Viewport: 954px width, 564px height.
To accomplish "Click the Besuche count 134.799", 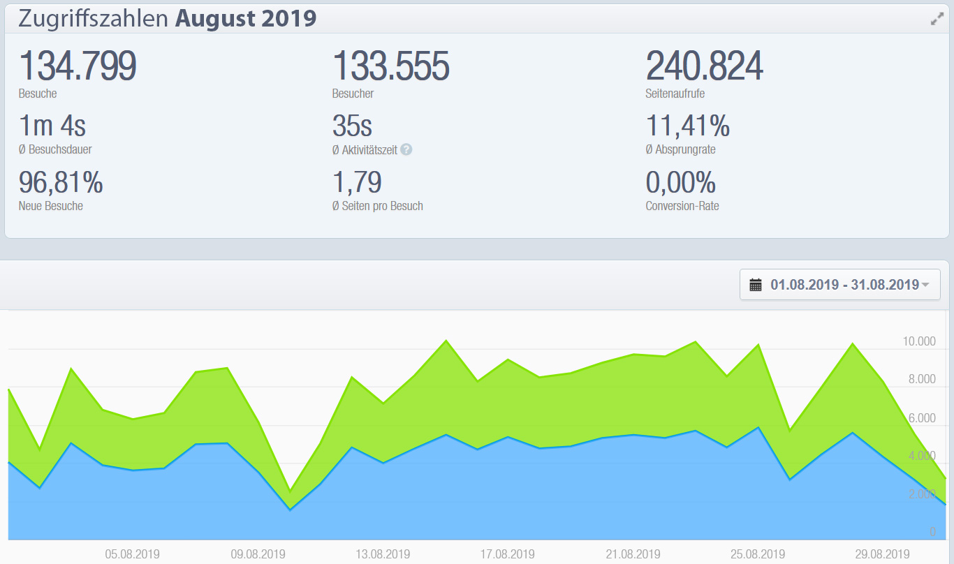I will point(78,67).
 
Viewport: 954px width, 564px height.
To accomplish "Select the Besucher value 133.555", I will point(391,67).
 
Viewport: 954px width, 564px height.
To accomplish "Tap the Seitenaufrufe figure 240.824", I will point(705,67).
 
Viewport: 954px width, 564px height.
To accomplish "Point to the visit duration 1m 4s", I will point(52,126).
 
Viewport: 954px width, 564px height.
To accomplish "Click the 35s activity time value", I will point(353,126).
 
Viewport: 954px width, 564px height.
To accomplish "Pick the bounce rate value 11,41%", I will point(688,126).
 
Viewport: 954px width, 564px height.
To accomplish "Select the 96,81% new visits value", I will point(61,183).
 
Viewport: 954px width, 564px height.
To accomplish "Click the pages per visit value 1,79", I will point(357,183).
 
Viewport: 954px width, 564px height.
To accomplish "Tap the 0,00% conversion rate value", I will point(681,183).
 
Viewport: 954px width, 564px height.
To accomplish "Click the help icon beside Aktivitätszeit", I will point(406,149).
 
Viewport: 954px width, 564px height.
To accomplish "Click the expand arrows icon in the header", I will point(937,20).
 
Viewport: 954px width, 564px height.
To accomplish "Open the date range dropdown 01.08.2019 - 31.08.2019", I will point(840,285).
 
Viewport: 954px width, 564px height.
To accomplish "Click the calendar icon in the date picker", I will point(756,285).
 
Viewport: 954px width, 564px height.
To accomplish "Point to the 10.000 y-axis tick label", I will point(918,341).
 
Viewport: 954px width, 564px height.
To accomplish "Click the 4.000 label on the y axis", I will point(921,456).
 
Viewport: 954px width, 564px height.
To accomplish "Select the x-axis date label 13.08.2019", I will point(383,554).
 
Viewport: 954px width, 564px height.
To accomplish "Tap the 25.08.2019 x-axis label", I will point(758,554).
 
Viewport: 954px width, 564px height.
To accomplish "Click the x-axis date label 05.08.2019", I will point(133,554).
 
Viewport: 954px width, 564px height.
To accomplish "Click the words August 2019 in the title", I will point(246,19).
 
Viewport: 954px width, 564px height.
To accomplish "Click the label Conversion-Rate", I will point(682,206).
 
